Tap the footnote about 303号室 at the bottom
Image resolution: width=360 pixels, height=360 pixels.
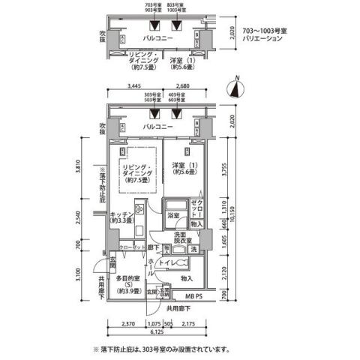[162, 349]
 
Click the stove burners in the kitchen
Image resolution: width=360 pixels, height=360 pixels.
[139, 207]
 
